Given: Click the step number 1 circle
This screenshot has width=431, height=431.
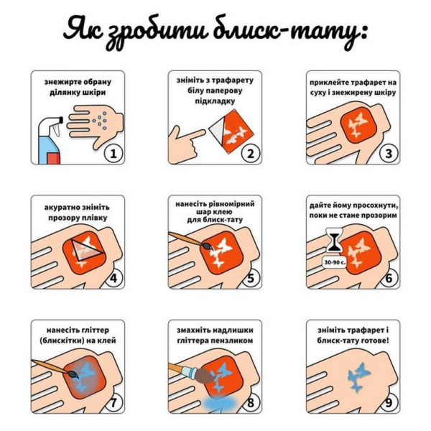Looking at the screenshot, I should (113, 152).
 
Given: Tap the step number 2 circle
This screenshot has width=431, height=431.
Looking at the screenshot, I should (249, 152).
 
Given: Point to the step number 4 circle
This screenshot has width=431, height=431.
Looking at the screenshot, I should (113, 277).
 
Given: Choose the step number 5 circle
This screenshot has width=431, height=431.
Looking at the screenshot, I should (249, 277).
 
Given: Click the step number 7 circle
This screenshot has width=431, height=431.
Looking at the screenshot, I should (113, 402).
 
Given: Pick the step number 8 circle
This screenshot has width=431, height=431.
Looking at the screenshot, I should (249, 402).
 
